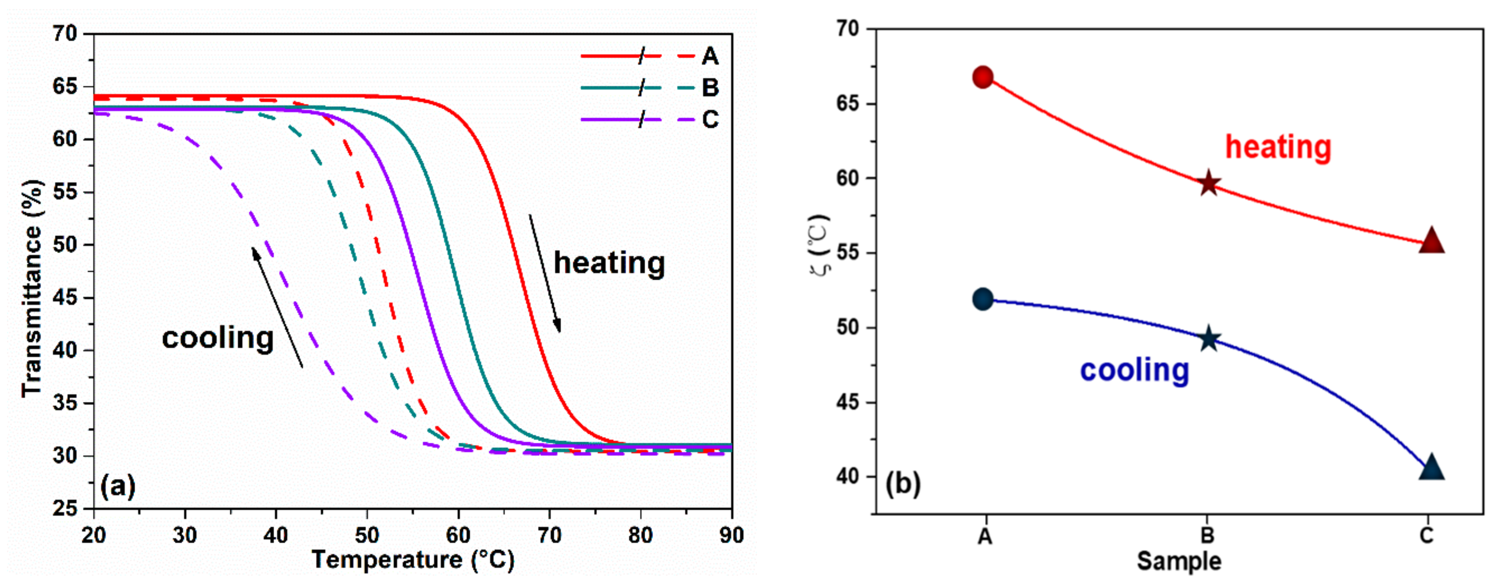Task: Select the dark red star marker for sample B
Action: tap(1209, 184)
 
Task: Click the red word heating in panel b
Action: tap(1278, 147)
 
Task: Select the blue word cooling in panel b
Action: tap(1134, 370)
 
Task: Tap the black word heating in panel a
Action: tap(609, 263)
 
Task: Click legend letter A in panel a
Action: tap(710, 56)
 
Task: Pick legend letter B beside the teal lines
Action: tap(710, 88)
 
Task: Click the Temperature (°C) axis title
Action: tap(413, 560)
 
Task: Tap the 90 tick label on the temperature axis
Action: tap(731, 535)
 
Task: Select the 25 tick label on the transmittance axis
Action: tap(65, 508)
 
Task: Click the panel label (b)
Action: tap(902, 484)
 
